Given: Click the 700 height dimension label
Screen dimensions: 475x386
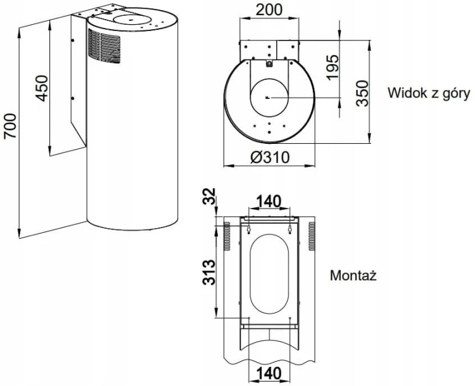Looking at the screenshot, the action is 11,126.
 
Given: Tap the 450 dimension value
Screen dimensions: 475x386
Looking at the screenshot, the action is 42,88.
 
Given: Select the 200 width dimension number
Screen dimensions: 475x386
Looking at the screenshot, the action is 269,10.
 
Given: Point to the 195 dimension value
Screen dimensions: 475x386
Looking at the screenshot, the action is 332,67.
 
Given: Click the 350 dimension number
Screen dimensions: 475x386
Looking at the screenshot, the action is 362,93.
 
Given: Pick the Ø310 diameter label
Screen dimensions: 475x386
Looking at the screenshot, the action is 270,157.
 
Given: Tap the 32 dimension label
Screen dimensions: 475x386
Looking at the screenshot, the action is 209,196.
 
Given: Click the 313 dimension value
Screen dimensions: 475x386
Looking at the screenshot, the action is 209,273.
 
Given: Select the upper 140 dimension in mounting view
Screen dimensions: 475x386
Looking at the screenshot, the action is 269,202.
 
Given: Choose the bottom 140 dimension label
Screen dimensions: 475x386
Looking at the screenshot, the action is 269,373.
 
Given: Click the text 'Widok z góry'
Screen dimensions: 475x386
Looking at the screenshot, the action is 429,93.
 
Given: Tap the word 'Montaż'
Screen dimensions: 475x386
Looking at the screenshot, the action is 353,275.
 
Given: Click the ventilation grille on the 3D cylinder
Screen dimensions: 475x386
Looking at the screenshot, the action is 104,46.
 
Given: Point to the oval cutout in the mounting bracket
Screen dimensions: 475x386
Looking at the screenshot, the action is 269,274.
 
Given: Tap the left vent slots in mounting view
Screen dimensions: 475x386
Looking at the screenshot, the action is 227,236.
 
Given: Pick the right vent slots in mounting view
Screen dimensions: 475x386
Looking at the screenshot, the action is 312,236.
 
